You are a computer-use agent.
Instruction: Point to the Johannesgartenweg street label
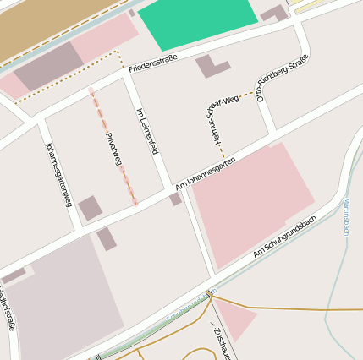58,173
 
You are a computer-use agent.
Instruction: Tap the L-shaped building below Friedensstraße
211,66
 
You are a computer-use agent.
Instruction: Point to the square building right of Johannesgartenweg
90,208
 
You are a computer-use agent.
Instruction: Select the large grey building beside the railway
48,67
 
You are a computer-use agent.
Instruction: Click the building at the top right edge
274,14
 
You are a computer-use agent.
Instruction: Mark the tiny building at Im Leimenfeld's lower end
175,199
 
